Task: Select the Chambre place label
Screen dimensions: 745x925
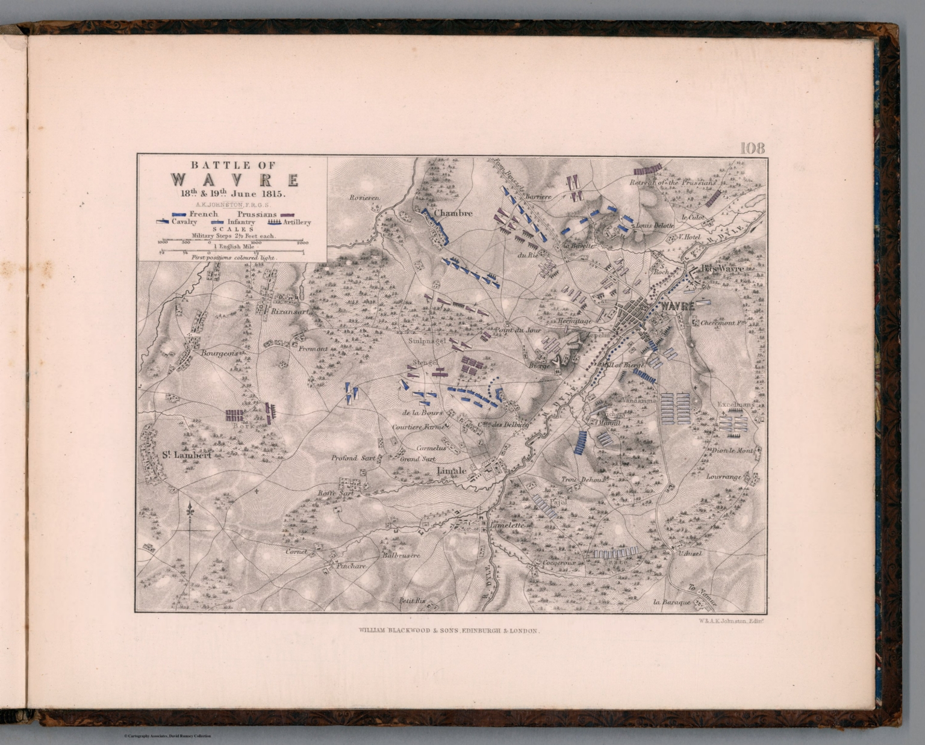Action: pos(452,213)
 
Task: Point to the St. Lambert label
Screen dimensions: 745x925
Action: pos(186,456)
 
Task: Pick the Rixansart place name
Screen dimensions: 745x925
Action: pos(290,312)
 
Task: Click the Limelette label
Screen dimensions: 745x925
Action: pos(510,525)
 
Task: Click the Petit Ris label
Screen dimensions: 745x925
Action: pos(412,600)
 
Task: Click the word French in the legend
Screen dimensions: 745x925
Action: pos(204,214)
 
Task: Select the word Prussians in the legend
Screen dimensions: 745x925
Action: pos(257,214)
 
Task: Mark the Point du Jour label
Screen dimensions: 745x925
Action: pos(511,330)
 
